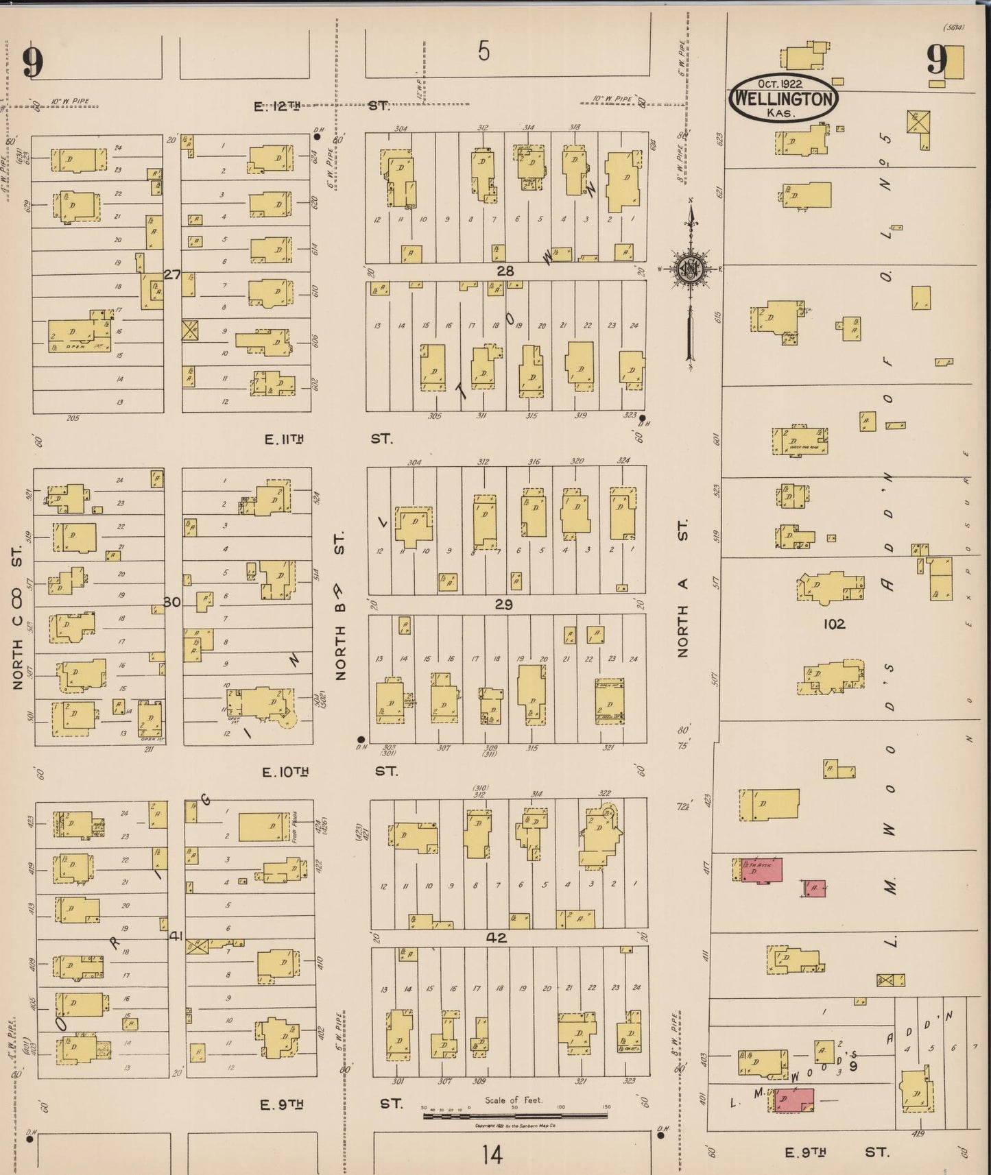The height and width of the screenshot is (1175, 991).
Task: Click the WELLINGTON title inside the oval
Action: [x=784, y=99]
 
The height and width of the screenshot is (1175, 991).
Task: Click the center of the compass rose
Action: [x=688, y=269]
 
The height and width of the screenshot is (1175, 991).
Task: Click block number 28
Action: [x=505, y=271]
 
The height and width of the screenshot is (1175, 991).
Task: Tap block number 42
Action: [x=497, y=938]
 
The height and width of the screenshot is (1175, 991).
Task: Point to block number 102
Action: [x=835, y=624]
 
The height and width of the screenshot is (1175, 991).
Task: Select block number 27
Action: [x=171, y=275]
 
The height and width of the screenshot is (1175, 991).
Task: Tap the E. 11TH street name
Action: [x=284, y=439]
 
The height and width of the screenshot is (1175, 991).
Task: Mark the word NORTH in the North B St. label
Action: [x=341, y=652]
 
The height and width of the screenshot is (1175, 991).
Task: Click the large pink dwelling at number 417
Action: [x=761, y=869]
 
